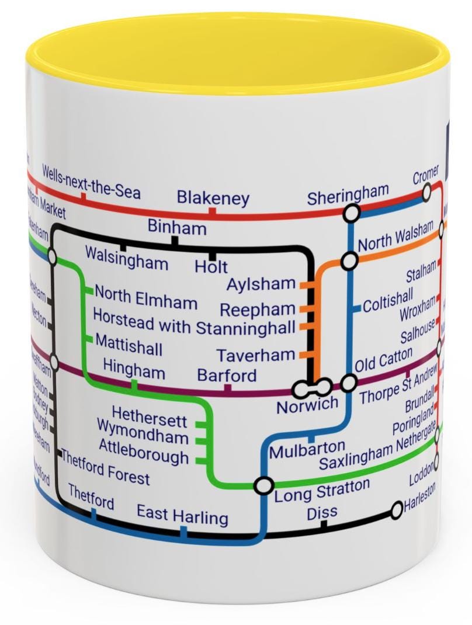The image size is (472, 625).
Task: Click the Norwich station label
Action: click(x=307, y=404)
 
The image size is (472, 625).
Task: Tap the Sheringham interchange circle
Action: click(x=352, y=214)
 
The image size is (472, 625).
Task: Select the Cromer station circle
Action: click(x=427, y=190)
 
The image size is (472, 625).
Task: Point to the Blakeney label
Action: click(x=213, y=198)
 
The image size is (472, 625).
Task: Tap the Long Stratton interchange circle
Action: click(x=263, y=485)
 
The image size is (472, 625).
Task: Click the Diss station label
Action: click(x=322, y=512)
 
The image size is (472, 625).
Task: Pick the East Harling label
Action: click(x=182, y=516)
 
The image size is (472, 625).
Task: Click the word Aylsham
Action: click(x=261, y=284)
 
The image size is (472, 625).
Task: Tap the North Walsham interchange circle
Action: click(x=349, y=261)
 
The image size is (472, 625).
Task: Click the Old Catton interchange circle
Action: click(x=349, y=383)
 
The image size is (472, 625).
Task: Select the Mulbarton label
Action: click(x=307, y=448)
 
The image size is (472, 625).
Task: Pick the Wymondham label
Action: click(x=143, y=437)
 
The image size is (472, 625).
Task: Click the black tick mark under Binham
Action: click(x=174, y=239)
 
